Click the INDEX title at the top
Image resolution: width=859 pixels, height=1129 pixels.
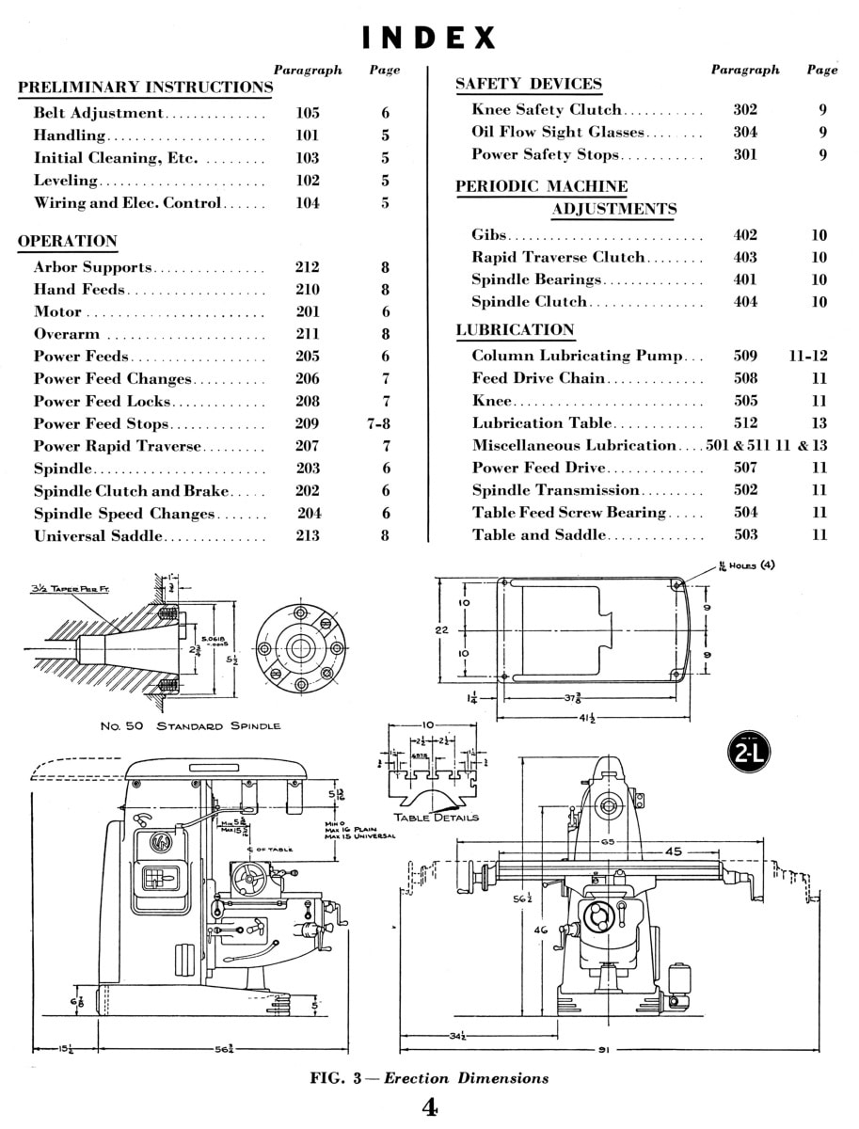coord(429,38)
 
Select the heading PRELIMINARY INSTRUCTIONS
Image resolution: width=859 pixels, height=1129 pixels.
coord(145,87)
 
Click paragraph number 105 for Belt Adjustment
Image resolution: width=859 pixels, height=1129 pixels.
coord(308,113)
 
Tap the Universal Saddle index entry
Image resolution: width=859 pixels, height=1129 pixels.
coord(99,536)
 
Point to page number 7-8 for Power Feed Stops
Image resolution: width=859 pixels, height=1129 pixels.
coord(379,423)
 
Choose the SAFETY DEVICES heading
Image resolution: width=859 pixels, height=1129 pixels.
coord(528,84)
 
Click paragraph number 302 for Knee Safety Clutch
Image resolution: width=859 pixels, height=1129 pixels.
coord(745,109)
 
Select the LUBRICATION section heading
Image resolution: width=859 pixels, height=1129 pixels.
coord(515,329)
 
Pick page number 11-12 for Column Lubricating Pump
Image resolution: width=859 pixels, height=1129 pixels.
coord(807,356)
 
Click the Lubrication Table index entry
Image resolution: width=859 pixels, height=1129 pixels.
coord(542,423)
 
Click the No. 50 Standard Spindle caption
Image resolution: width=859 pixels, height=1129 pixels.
coord(190,726)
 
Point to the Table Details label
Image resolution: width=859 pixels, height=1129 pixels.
coord(436,818)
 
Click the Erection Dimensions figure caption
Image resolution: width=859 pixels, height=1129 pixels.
coord(429,1078)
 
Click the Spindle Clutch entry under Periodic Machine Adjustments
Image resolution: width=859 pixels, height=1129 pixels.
coord(530,302)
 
